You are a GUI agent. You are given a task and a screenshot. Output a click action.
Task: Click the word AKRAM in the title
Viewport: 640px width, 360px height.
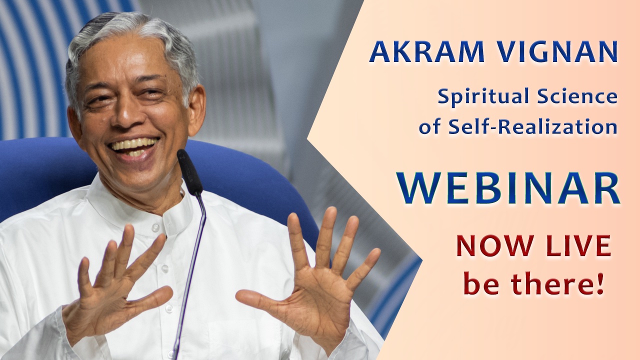pyautogui.click(x=426, y=52)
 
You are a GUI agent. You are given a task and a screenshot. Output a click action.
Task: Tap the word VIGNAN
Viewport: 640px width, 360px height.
pyautogui.click(x=557, y=52)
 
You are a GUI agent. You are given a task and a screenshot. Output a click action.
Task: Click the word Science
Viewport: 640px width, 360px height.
pyautogui.click(x=577, y=96)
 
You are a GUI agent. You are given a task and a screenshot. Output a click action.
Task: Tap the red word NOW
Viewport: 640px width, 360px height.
pyautogui.click(x=495, y=245)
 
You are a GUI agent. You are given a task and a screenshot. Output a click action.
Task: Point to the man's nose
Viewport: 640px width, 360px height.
pyautogui.click(x=125, y=114)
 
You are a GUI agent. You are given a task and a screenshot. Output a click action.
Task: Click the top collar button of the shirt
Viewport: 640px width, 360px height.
pyautogui.click(x=155, y=227)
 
